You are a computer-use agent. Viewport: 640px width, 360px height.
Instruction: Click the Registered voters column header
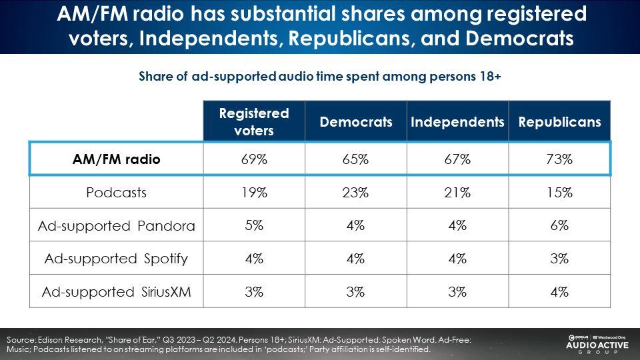point(254,121)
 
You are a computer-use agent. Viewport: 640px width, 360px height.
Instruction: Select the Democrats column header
point(356,121)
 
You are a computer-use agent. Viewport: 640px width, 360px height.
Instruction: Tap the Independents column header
point(457,121)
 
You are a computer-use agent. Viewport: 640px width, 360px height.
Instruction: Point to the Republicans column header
point(559,121)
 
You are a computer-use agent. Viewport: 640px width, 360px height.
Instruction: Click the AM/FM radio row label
point(116,159)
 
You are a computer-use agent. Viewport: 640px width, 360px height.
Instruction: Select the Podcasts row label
point(116,192)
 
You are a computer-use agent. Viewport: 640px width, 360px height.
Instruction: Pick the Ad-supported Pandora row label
point(116,226)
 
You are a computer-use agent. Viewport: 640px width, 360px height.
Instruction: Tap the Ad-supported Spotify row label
point(116,259)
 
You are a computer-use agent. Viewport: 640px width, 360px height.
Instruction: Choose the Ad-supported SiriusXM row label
point(116,292)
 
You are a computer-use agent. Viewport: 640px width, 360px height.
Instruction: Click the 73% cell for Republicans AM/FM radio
point(559,159)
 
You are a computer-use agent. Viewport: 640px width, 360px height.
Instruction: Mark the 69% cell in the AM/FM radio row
point(254,159)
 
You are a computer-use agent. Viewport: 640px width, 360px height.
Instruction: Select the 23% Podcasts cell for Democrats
point(355,192)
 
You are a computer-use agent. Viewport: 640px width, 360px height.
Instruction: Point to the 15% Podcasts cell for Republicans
point(559,192)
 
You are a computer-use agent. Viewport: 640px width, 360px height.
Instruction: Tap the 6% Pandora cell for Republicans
point(559,225)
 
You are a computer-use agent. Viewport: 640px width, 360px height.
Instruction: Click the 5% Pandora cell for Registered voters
point(254,225)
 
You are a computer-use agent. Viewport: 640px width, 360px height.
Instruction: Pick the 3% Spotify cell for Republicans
point(559,259)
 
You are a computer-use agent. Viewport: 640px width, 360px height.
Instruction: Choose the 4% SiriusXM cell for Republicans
point(559,292)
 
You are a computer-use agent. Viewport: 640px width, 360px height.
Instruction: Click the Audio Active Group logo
point(598,345)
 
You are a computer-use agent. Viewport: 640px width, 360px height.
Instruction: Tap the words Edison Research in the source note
point(69,339)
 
